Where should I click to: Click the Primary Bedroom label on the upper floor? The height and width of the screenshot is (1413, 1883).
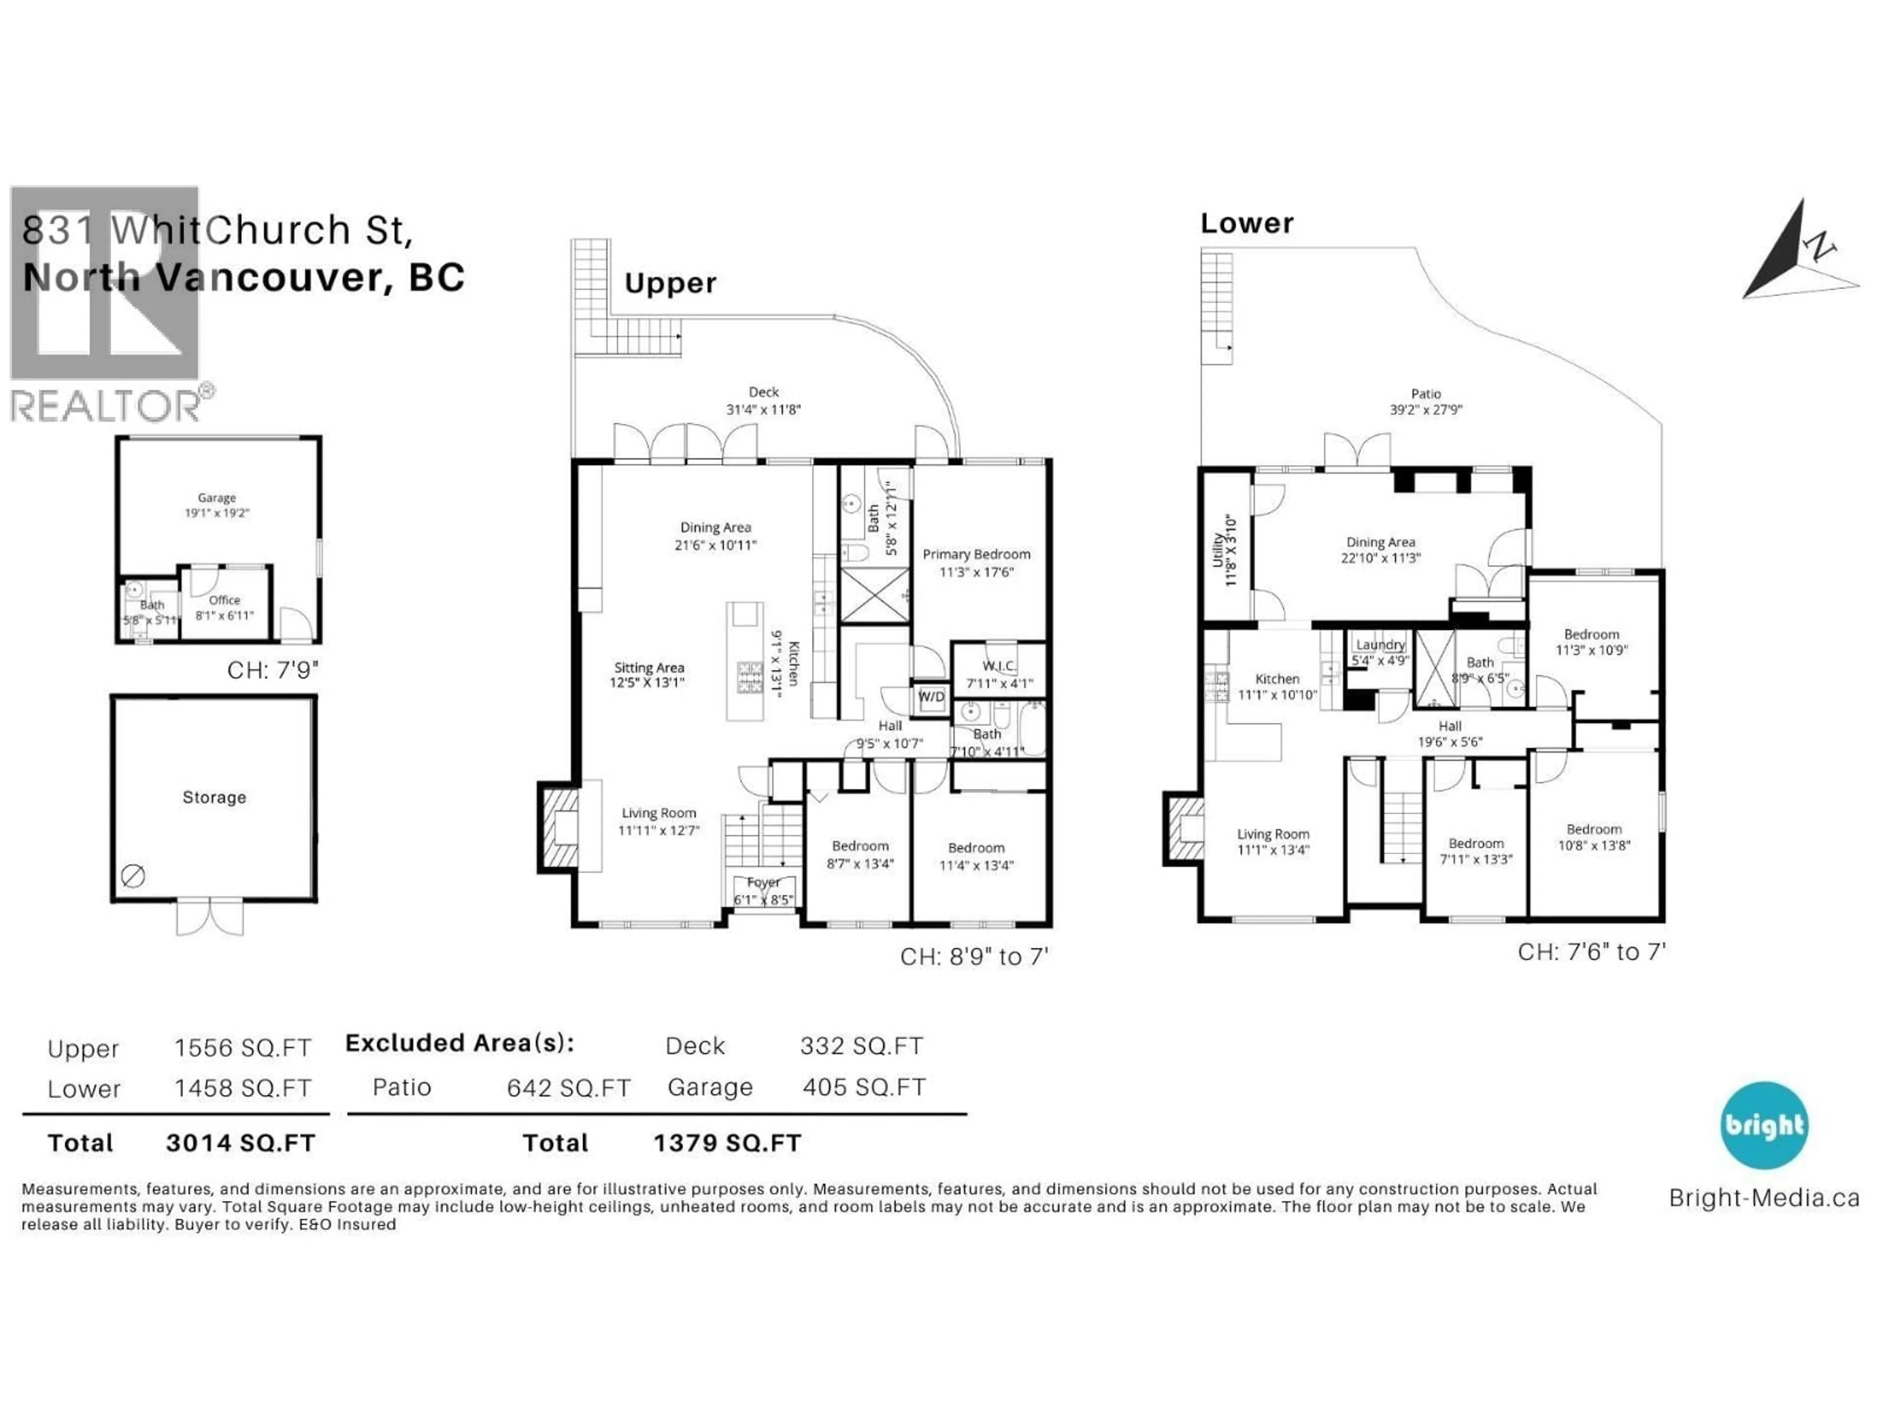click(976, 554)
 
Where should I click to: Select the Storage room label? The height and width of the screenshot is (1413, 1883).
click(214, 797)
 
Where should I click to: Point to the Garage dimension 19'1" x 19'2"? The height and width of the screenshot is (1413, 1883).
click(217, 513)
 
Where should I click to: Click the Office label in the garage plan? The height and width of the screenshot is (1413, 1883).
click(225, 600)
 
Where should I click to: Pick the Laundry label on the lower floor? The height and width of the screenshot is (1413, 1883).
click(1380, 645)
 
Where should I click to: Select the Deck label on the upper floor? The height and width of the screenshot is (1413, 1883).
click(763, 392)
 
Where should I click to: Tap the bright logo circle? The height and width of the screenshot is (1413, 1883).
click(1764, 1125)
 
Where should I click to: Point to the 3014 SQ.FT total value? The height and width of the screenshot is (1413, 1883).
click(241, 1143)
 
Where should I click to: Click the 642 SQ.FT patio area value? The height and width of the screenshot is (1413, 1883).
click(569, 1088)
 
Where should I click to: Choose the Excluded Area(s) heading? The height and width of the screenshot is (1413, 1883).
click(459, 1044)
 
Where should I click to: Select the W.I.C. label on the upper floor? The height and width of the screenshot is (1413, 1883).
click(998, 666)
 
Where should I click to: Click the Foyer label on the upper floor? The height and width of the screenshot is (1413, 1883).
click(763, 882)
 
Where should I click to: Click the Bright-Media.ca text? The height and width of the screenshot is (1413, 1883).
click(1764, 1198)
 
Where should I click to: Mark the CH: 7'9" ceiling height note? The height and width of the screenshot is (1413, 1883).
click(273, 670)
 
